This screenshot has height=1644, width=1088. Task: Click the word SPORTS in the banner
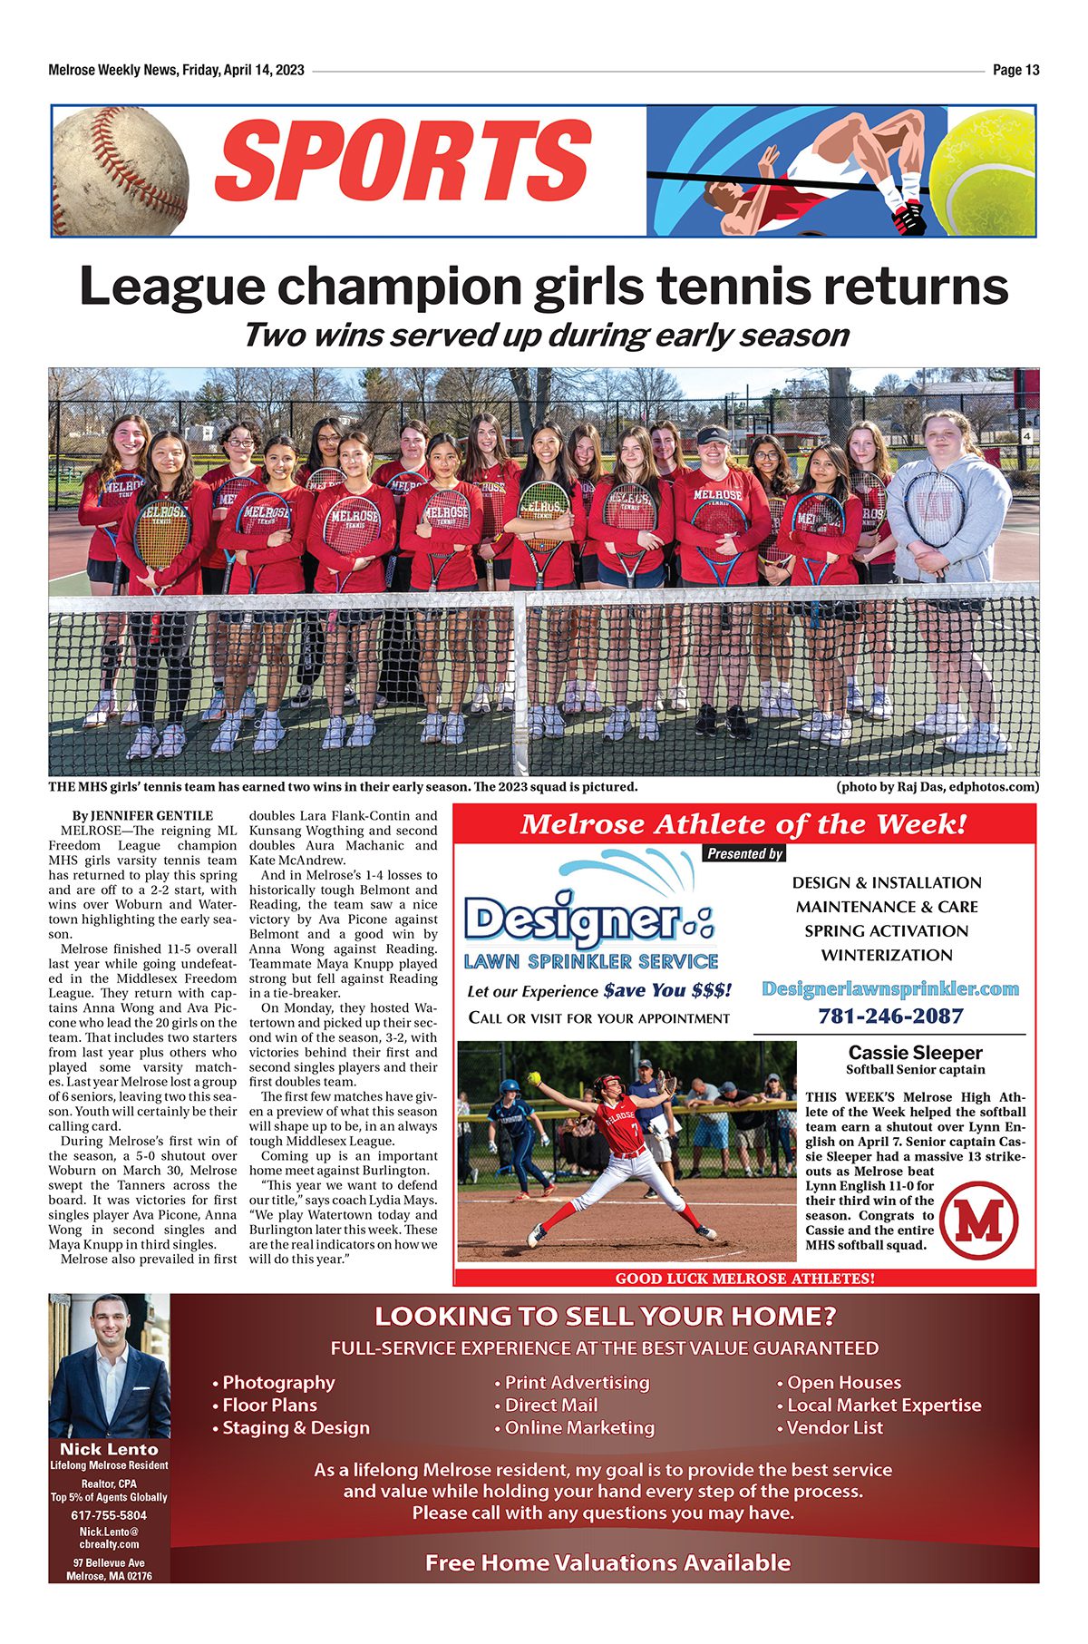coord(403,161)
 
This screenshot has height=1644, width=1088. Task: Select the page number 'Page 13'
coord(1015,70)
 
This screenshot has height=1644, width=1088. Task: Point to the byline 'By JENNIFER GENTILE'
coord(142,815)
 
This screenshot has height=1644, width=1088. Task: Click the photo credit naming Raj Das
coord(937,786)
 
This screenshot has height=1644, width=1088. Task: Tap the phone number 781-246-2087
coord(889,1016)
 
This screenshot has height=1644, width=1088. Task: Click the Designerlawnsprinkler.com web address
coord(889,988)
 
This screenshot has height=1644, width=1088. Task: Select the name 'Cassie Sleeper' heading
coord(915,1053)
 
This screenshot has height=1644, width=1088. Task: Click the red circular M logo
coord(979,1221)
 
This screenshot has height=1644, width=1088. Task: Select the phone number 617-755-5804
coord(109,1515)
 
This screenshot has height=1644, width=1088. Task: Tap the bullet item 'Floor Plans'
coord(269,1405)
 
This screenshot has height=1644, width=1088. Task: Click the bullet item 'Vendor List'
coord(834,1427)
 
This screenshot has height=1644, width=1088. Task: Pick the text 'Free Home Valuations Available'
coord(607,1562)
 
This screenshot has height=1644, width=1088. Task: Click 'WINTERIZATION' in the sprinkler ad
coord(887,955)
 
